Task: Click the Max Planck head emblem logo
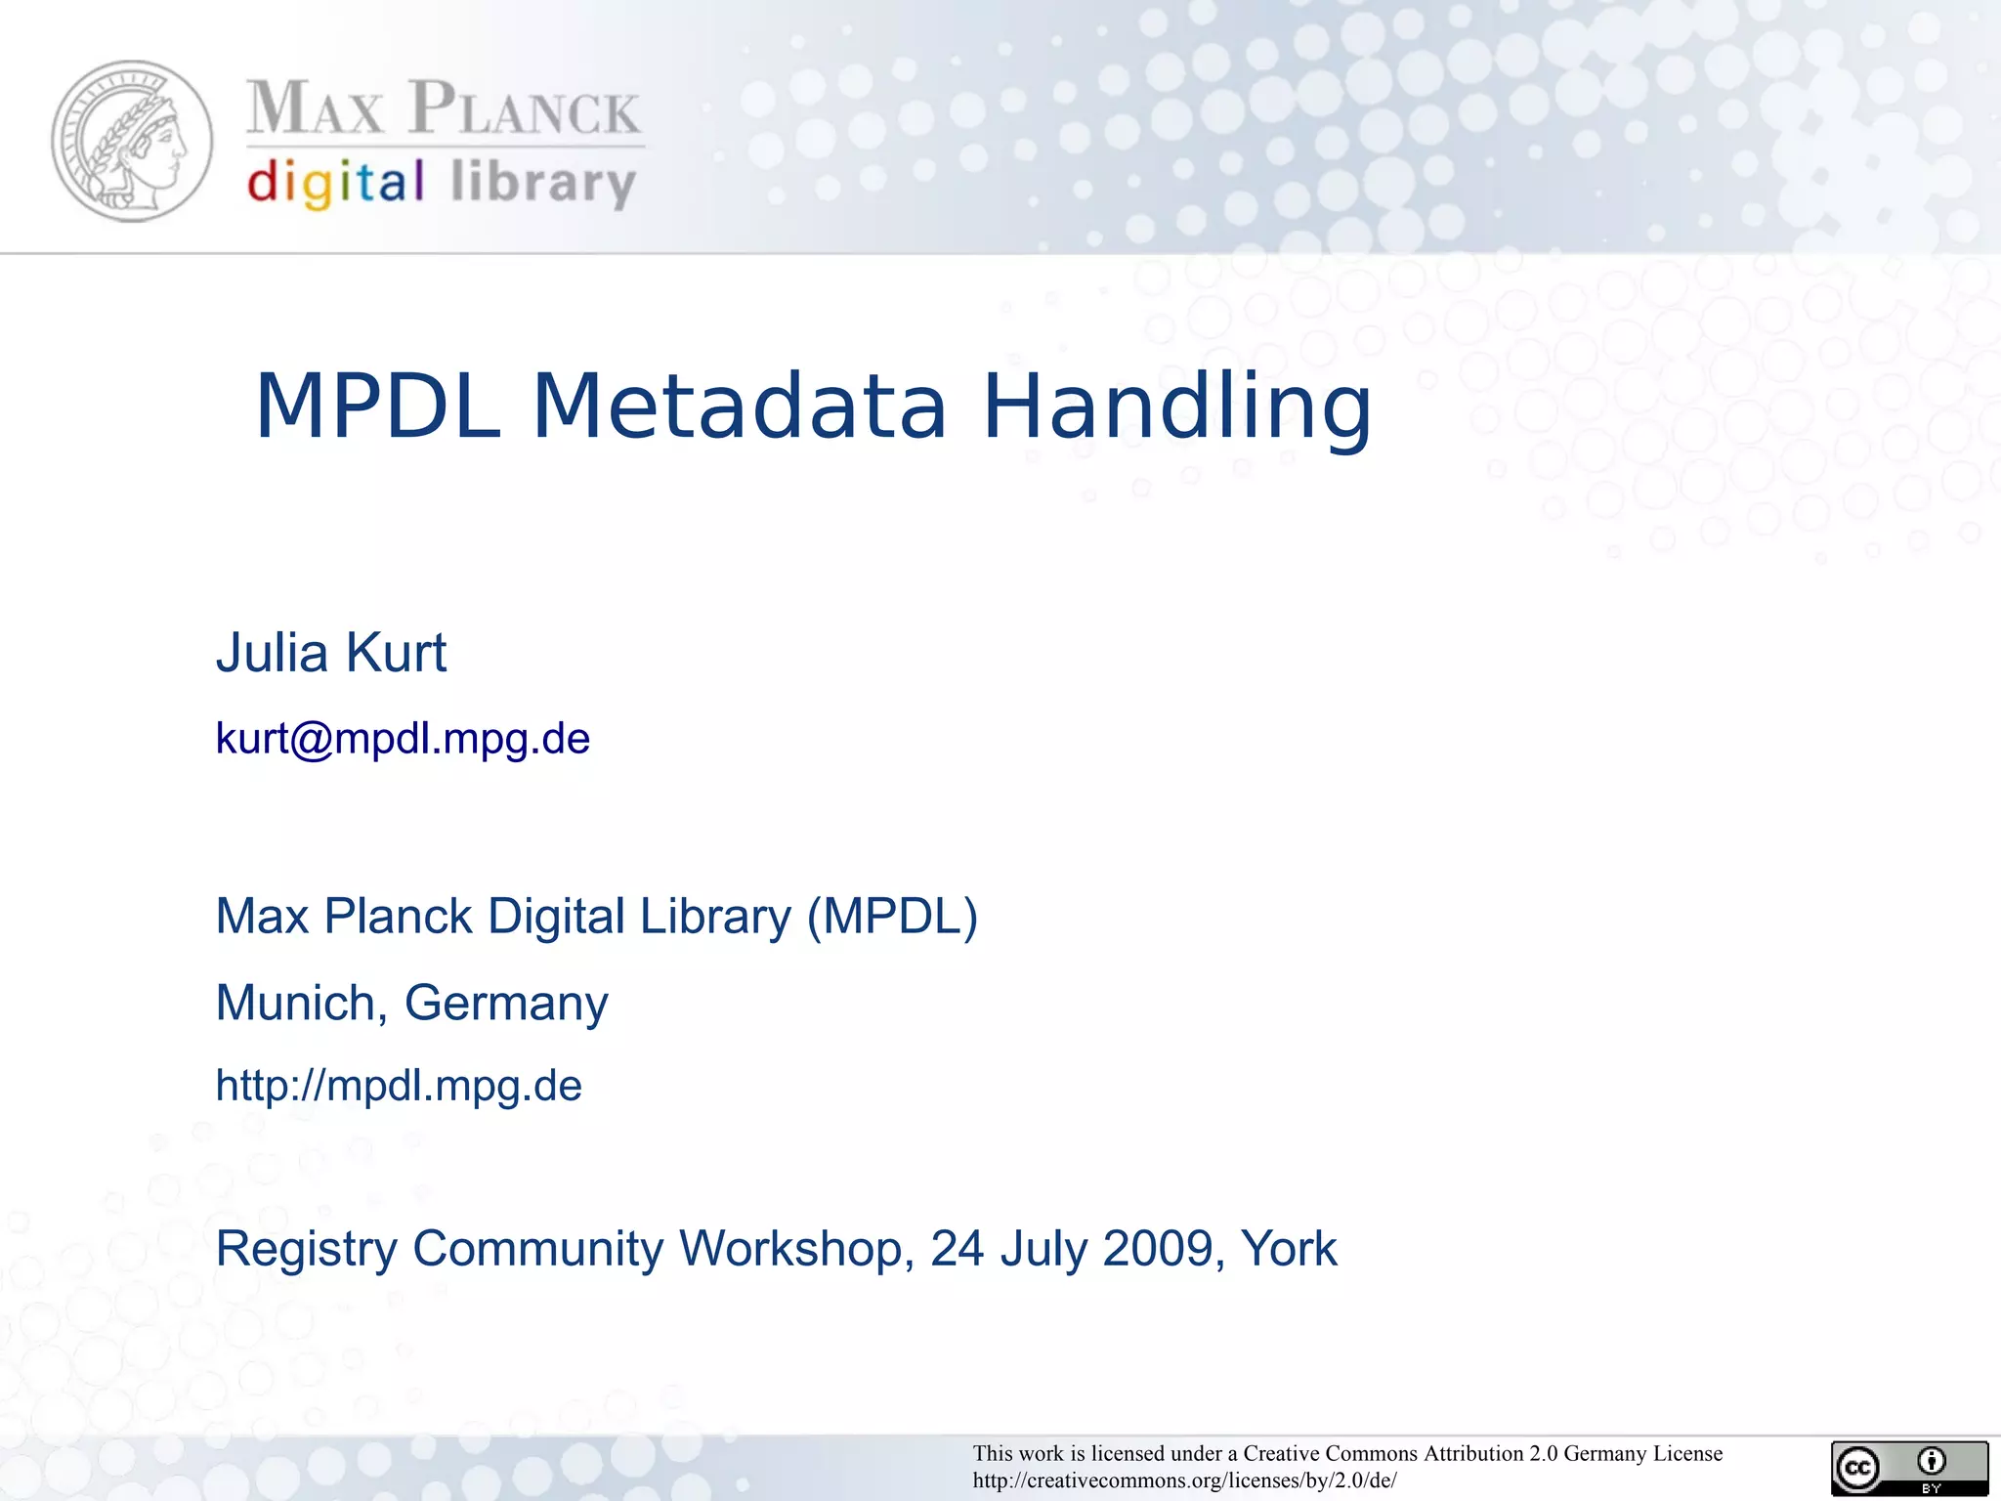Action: [x=132, y=142]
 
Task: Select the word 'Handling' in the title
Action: [x=1176, y=408]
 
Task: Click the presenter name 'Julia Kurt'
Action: [x=330, y=653]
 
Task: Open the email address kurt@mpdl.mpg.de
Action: [x=403, y=739]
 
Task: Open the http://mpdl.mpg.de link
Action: [x=399, y=1086]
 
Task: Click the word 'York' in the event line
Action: [x=1288, y=1249]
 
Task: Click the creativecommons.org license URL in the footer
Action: [x=1184, y=1480]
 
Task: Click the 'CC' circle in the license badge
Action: [x=1857, y=1469]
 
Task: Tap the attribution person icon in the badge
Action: [x=1931, y=1462]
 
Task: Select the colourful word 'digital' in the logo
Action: [x=335, y=184]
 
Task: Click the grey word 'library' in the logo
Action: [x=543, y=184]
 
